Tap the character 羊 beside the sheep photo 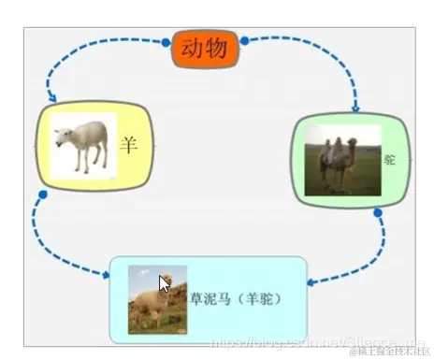[x=130, y=146]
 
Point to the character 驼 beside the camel [x=390, y=160]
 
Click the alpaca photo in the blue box [x=155, y=298]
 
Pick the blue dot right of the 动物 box [x=244, y=41]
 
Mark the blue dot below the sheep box [x=42, y=195]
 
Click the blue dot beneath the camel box [x=378, y=213]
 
